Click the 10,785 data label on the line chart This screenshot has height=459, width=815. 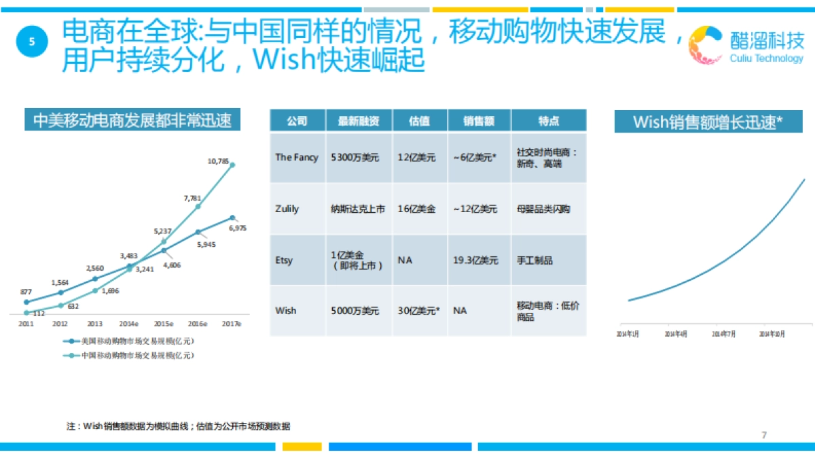pyautogui.click(x=218, y=161)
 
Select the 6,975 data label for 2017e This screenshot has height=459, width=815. pyautogui.click(x=238, y=228)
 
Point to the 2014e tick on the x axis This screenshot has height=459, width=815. pyautogui.click(x=129, y=324)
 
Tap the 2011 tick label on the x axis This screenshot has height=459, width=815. pyautogui.click(x=26, y=324)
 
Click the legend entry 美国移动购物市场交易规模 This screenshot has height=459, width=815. pyautogui.click(x=137, y=341)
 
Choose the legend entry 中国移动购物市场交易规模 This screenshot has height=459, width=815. pyautogui.click(x=137, y=355)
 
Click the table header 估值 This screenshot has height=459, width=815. pyautogui.click(x=419, y=121)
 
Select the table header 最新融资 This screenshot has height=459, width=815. pyautogui.click(x=359, y=121)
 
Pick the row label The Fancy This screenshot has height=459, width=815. pyautogui.click(x=296, y=157)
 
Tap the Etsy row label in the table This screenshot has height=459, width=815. pyautogui.click(x=284, y=260)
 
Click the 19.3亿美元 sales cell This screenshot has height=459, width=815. pyautogui.click(x=475, y=260)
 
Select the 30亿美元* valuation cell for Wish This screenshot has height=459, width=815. pyautogui.click(x=418, y=311)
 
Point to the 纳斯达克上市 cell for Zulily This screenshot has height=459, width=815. pyautogui.click(x=358, y=209)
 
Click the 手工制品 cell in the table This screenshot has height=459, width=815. pyautogui.click(x=535, y=260)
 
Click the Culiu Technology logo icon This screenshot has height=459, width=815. pyautogui.click(x=706, y=45)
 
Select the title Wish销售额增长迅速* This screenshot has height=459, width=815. pyautogui.click(x=708, y=122)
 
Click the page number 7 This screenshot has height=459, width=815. pyautogui.click(x=764, y=435)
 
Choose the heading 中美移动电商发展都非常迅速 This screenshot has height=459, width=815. pyautogui.click(x=132, y=120)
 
